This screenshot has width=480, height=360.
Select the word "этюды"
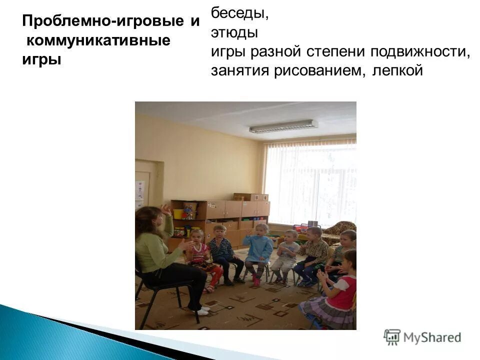coord(234,33)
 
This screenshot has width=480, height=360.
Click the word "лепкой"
coord(397,71)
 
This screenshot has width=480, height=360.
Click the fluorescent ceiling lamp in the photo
coord(283,126)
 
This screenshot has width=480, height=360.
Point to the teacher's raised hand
coord(165,210)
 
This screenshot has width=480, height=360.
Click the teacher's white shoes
coord(201,311)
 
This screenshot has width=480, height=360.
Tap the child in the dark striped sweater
coord(220,248)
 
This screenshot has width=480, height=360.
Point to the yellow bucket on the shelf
coord(178,214)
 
